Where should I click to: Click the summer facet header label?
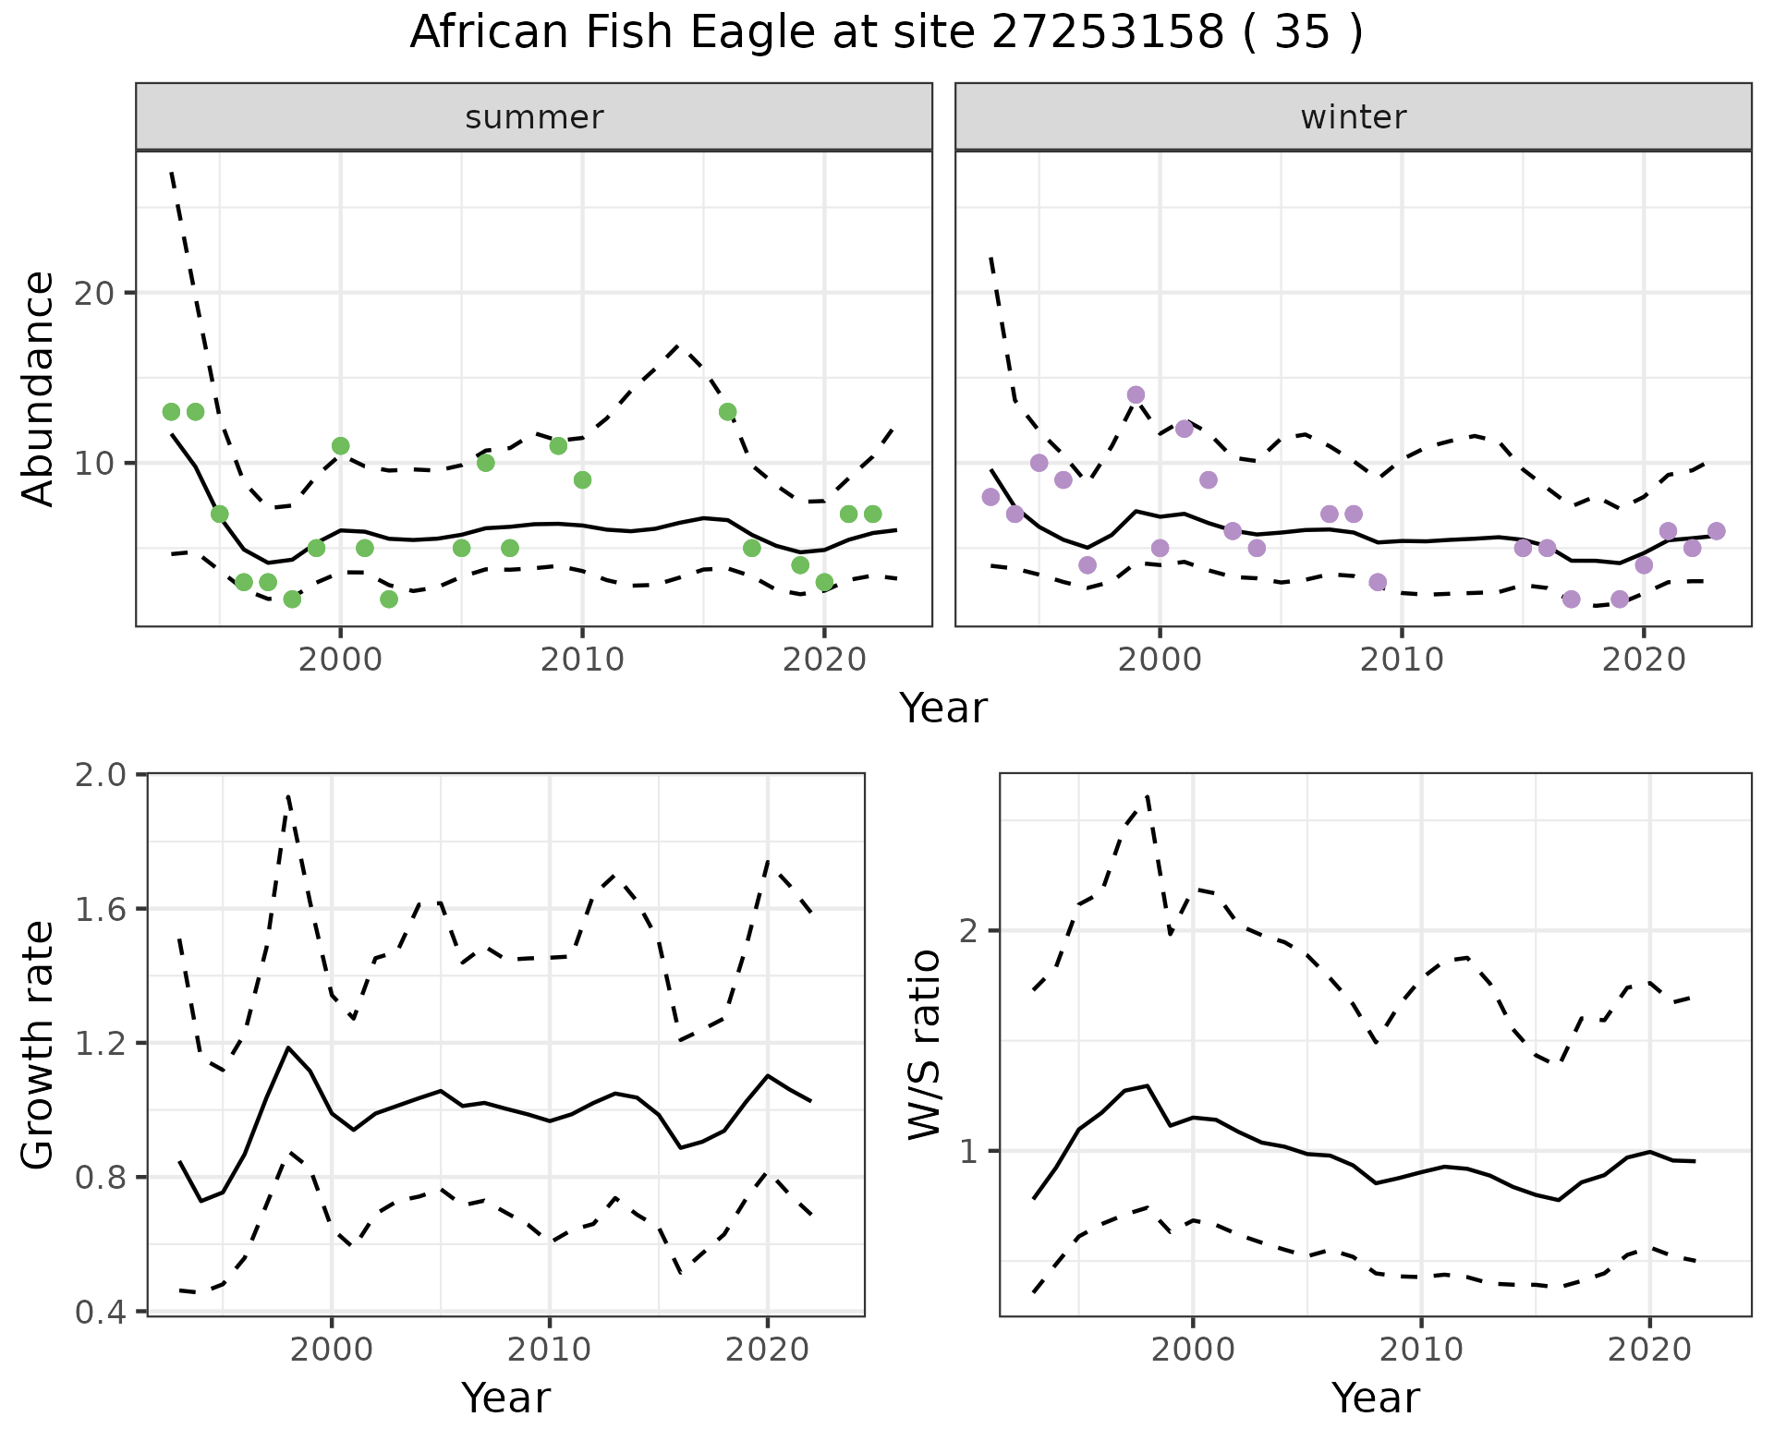click(x=534, y=117)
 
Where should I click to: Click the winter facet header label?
click(x=1353, y=117)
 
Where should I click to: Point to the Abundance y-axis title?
click(x=38, y=388)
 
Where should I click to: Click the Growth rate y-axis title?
click(x=38, y=1045)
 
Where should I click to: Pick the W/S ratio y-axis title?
click(x=924, y=1045)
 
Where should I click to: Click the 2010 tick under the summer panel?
click(x=582, y=660)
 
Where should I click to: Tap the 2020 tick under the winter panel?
click(x=1644, y=660)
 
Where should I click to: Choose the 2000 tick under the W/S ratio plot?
click(x=1193, y=1350)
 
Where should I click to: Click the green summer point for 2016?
click(x=728, y=412)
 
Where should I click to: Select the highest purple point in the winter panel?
click(x=1136, y=395)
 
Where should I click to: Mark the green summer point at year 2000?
click(x=340, y=446)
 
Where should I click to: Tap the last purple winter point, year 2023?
click(x=1717, y=531)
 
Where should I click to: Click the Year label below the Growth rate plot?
click(x=505, y=1398)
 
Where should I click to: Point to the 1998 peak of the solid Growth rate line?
click(x=288, y=1047)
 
